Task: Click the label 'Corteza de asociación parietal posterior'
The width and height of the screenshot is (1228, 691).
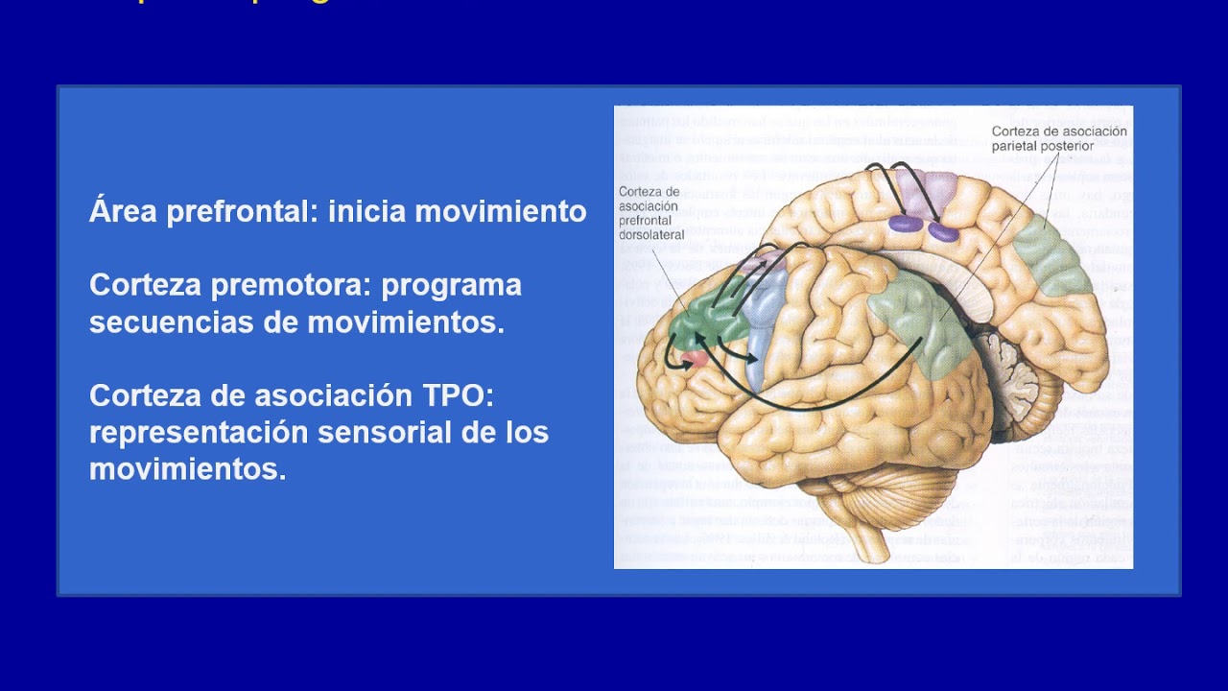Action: click(x=1058, y=138)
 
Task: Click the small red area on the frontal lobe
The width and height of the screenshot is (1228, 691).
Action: click(x=695, y=359)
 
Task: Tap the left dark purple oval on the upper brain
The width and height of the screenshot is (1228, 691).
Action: click(x=905, y=224)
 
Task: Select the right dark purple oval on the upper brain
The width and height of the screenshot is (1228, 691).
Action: click(x=943, y=231)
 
